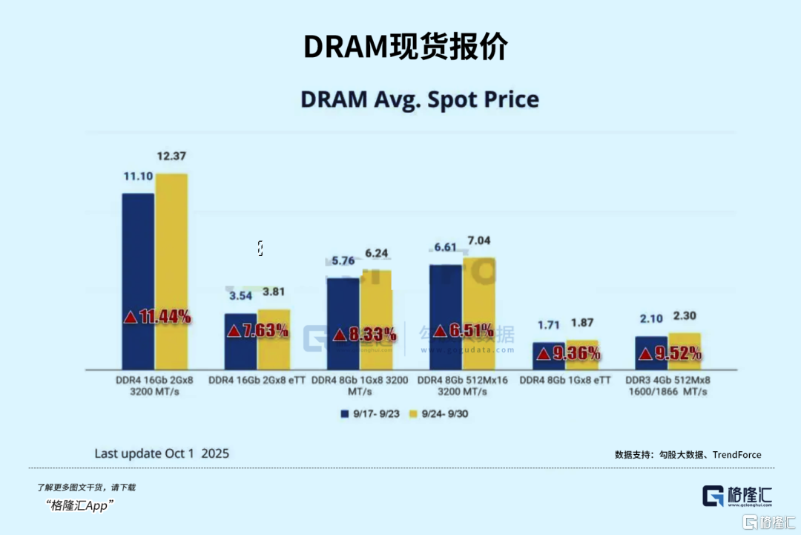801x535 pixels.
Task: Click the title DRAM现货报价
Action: pos(406,47)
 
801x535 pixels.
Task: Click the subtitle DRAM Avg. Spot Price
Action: pos(419,99)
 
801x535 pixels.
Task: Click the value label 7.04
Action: pos(478,241)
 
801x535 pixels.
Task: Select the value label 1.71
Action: pos(548,325)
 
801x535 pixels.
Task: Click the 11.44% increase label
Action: pos(157,317)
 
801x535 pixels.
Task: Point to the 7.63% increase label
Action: pos(257,331)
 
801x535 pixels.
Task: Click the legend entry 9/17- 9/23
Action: pos(370,413)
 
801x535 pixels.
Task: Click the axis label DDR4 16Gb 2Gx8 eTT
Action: pos(257,380)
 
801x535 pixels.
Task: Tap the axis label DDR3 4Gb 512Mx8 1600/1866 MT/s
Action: pos(667,385)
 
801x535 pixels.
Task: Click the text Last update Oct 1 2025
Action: pos(162,453)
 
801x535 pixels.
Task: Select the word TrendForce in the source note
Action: pos(736,455)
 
